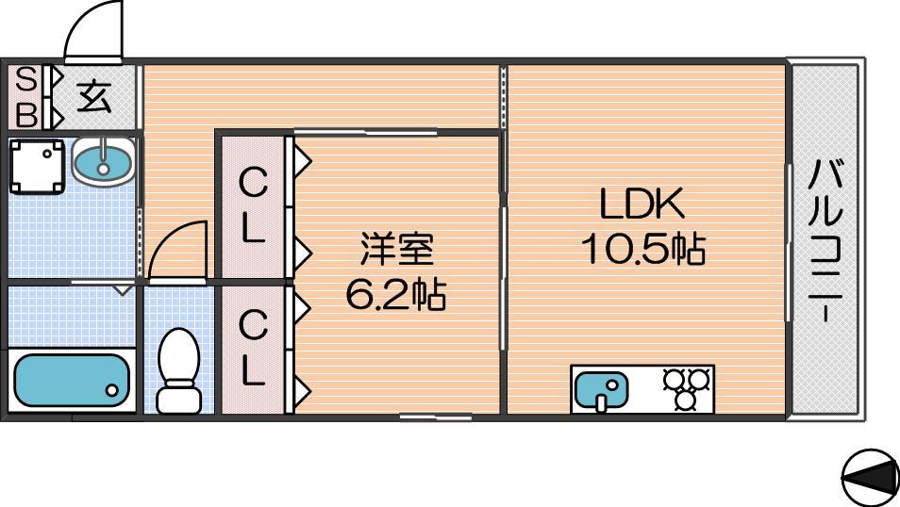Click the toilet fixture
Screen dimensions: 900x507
pyautogui.click(x=178, y=370)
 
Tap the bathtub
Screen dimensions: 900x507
pyautogui.click(x=72, y=381)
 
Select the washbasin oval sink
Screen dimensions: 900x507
pyautogui.click(x=104, y=162)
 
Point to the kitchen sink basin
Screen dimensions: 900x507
pyautogui.click(x=602, y=390)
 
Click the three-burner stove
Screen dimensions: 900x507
pyautogui.click(x=687, y=388)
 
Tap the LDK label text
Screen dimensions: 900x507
pyautogui.click(x=642, y=204)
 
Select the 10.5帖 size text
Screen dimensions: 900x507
pyautogui.click(x=642, y=249)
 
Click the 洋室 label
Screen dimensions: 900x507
pyautogui.click(x=396, y=249)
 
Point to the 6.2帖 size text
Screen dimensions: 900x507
pyautogui.click(x=396, y=294)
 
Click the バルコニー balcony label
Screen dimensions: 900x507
pyautogui.click(x=825, y=241)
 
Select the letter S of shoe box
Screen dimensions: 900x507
pyautogui.click(x=25, y=79)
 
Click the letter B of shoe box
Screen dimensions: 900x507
pyautogui.click(x=26, y=115)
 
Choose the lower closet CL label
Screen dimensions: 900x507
pyautogui.click(x=253, y=348)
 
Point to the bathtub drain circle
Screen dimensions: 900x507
pyautogui.click(x=112, y=390)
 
